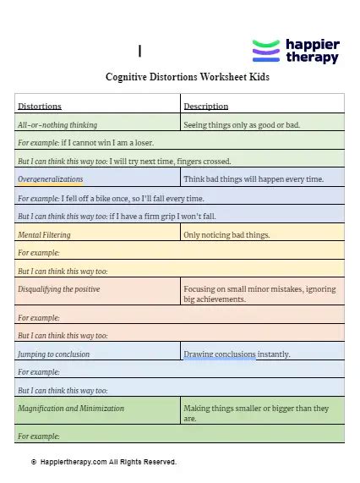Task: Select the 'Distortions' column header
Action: point(40,106)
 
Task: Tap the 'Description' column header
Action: point(206,106)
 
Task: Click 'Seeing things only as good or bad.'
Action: point(242,124)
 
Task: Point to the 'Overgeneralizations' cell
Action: point(51,179)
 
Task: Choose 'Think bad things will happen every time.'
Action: point(253,179)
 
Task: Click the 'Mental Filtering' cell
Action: point(44,234)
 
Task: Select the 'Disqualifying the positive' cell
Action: point(59,289)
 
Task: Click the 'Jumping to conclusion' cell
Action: point(53,354)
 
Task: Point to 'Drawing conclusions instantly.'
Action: point(237,354)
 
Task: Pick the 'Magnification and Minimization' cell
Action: point(71,408)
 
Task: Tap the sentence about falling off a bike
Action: point(111,198)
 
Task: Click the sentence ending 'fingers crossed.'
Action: point(124,161)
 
